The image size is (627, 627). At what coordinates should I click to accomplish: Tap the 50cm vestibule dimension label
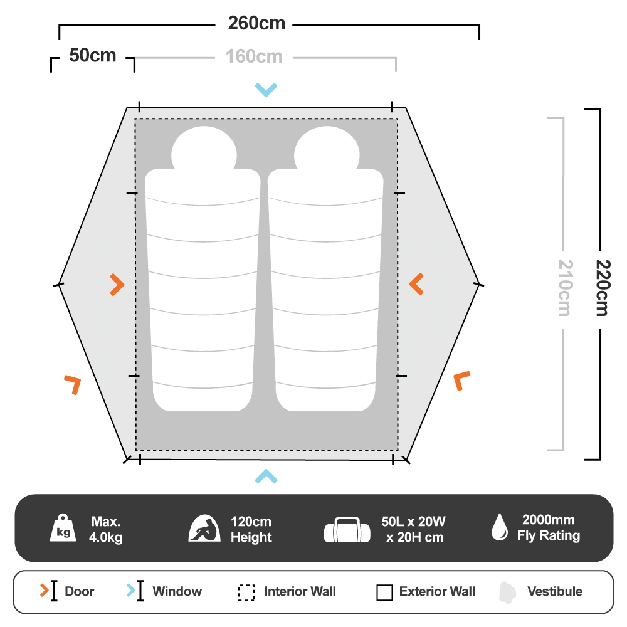click(93, 56)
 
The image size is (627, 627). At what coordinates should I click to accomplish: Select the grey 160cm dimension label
click(254, 57)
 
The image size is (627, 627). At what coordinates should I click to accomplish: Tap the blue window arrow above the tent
click(266, 90)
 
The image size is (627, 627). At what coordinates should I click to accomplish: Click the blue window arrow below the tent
click(266, 477)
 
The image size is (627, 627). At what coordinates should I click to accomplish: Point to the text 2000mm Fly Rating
click(548, 528)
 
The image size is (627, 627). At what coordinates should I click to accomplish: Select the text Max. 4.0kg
click(106, 529)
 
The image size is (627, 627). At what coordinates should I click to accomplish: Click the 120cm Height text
click(251, 529)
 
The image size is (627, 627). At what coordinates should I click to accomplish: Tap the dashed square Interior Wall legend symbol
click(246, 592)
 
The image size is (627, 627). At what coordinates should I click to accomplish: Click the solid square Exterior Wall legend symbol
click(384, 592)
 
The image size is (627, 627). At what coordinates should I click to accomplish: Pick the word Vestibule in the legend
click(554, 591)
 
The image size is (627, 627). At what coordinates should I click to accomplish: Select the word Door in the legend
click(80, 591)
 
